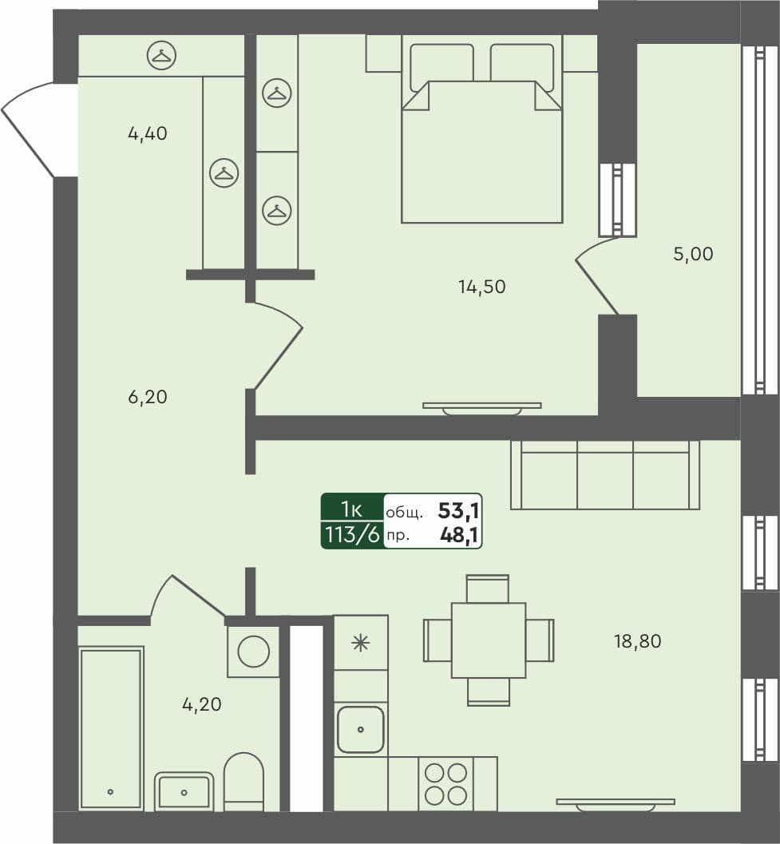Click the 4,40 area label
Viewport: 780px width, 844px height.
click(147, 134)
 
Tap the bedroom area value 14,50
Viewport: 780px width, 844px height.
click(481, 287)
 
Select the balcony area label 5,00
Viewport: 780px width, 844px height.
click(693, 255)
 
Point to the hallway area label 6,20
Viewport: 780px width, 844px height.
click(147, 397)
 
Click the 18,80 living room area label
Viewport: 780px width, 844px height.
click(637, 640)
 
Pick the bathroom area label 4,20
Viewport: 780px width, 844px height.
click(201, 704)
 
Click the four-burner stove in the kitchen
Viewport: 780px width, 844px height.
click(445, 784)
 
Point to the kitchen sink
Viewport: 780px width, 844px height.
click(361, 729)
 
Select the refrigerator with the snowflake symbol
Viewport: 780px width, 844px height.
click(361, 643)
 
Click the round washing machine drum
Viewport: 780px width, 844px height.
click(254, 651)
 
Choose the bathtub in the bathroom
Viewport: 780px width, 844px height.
click(111, 728)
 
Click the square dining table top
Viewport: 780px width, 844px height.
click(488, 640)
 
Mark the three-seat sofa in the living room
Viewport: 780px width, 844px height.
click(604, 475)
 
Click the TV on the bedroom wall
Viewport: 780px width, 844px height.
click(481, 407)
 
